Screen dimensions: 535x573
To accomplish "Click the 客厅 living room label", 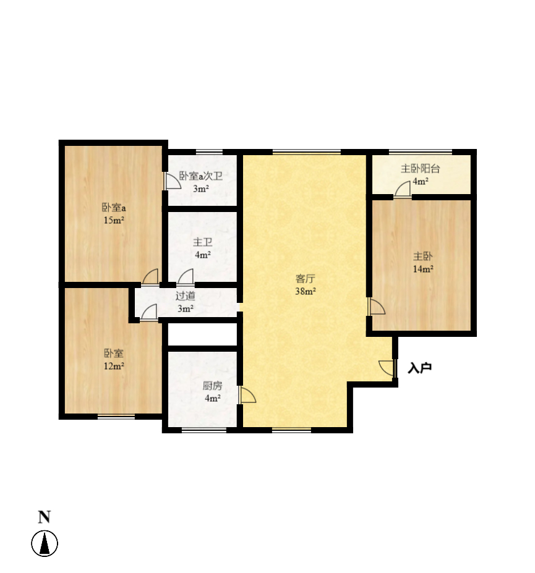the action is pos(305,279).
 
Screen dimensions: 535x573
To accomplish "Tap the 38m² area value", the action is pos(306,292).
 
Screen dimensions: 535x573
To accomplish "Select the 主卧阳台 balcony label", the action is pos(420,169).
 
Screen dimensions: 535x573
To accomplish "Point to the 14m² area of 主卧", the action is pos(423,269).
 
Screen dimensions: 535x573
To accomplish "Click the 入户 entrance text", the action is pos(420,368).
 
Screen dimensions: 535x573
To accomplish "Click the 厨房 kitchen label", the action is pos(212,386).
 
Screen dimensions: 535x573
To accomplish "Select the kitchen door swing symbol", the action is pos(247,396).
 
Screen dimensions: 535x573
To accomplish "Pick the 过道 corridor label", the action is pos(186,296).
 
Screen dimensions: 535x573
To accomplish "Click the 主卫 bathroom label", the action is pos(203,242).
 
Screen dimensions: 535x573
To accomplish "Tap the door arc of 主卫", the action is pos(186,277).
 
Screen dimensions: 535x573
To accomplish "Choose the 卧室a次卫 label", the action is pos(201,176).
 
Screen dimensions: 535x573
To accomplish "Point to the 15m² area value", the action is pos(114,220).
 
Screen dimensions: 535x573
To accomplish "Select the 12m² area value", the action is pos(114,366).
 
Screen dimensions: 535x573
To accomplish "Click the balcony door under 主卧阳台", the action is pos(403,190).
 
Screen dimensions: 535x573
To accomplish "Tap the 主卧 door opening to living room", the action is pos(377,306).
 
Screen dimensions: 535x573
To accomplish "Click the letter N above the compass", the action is pos(45,517).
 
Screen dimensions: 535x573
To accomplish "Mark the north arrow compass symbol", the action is pos(45,543).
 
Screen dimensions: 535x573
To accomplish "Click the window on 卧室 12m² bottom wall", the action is pos(116,416).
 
